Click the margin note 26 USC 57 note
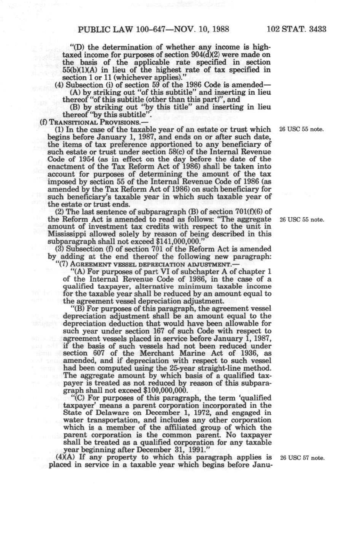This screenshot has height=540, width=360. (x=302, y=458)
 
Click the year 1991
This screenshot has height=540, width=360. (x=177, y=450)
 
